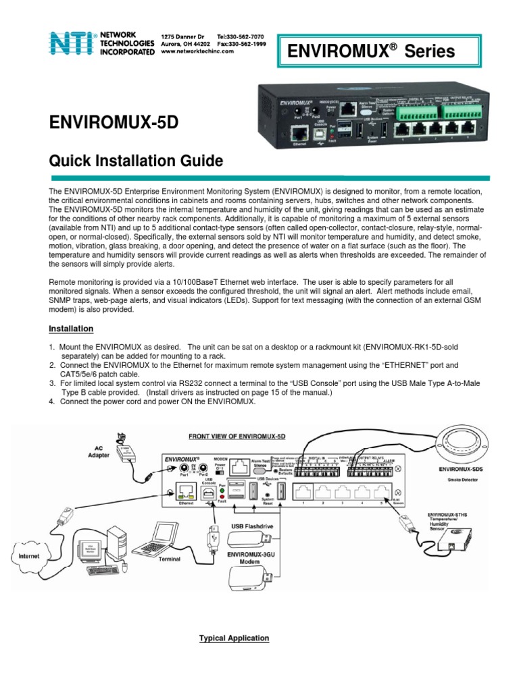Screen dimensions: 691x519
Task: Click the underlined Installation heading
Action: [71, 329]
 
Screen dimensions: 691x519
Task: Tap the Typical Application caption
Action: [234, 638]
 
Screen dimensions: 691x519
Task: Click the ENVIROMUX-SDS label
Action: [460, 468]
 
